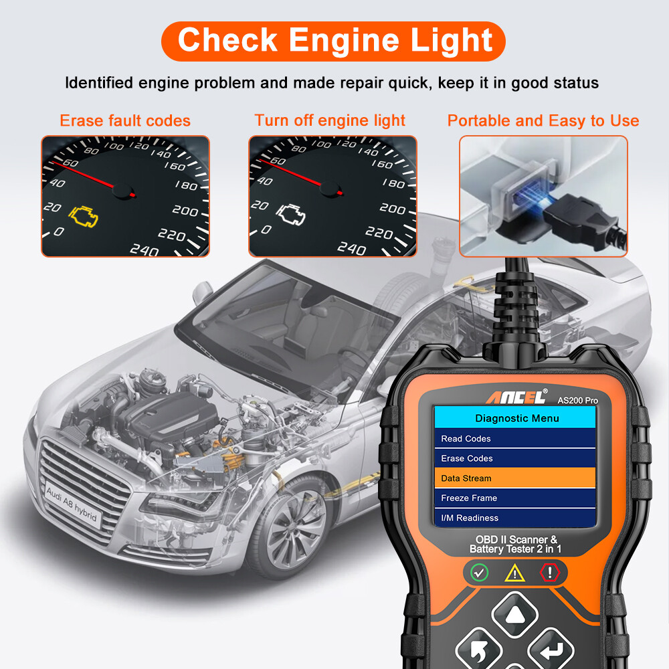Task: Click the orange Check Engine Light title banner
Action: coord(334,40)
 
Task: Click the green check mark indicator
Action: coord(479,573)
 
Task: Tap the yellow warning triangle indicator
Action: coord(514,573)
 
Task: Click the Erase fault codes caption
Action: coord(125,121)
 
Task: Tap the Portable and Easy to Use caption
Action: coord(543,121)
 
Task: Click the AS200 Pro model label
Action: coord(577,400)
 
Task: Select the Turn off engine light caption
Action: coord(330,121)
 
